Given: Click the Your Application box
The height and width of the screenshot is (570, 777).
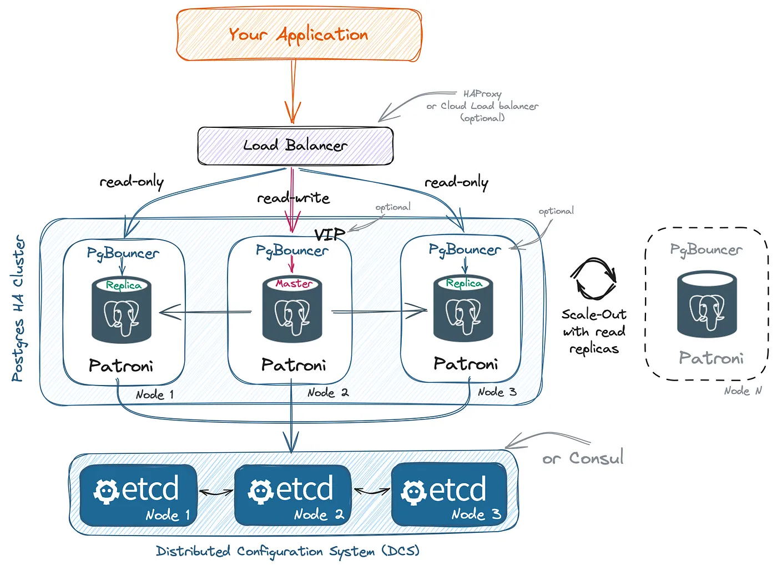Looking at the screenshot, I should tap(299, 35).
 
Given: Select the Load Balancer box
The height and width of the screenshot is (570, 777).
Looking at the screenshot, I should tap(295, 146).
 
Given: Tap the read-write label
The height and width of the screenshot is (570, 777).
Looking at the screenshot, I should tap(293, 198).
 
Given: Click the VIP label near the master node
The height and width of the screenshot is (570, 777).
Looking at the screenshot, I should tap(330, 234).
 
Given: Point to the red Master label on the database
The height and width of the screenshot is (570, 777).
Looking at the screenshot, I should tap(294, 283).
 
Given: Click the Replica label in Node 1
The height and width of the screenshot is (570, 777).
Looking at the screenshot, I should tap(123, 285).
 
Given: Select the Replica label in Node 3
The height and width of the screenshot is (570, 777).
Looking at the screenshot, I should tap(464, 283).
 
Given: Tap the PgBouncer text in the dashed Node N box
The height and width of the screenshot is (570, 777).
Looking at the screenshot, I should tap(706, 250).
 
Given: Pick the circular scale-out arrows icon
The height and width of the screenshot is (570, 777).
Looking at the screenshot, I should tap(593, 278).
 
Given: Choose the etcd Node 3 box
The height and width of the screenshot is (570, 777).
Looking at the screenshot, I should tap(449, 494).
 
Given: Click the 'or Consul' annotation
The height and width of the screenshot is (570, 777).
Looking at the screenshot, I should tap(583, 458).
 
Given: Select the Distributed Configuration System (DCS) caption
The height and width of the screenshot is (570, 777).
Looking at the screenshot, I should tap(287, 551).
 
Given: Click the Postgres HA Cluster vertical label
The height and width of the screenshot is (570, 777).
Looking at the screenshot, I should tap(18, 308).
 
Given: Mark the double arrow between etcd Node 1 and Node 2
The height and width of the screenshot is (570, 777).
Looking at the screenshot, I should tap(216, 492).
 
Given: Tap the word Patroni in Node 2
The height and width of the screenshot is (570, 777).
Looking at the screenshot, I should tap(294, 365).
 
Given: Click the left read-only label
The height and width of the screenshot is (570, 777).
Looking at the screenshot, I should tap(132, 182).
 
